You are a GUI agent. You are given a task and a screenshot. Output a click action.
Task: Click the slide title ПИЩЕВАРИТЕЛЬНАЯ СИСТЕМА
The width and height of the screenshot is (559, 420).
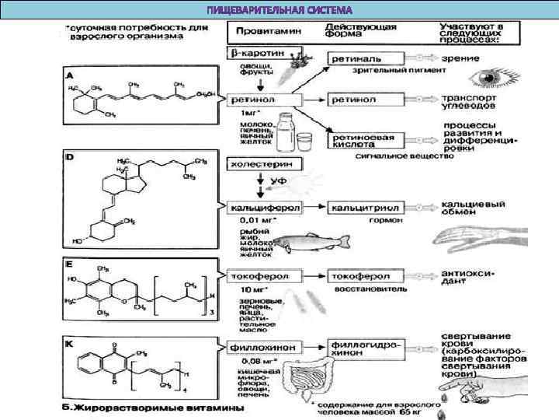[279, 10]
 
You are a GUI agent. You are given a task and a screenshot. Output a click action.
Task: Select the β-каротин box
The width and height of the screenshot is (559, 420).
[259, 54]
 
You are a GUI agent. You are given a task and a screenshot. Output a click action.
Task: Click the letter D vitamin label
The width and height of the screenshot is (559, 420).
[70, 159]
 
